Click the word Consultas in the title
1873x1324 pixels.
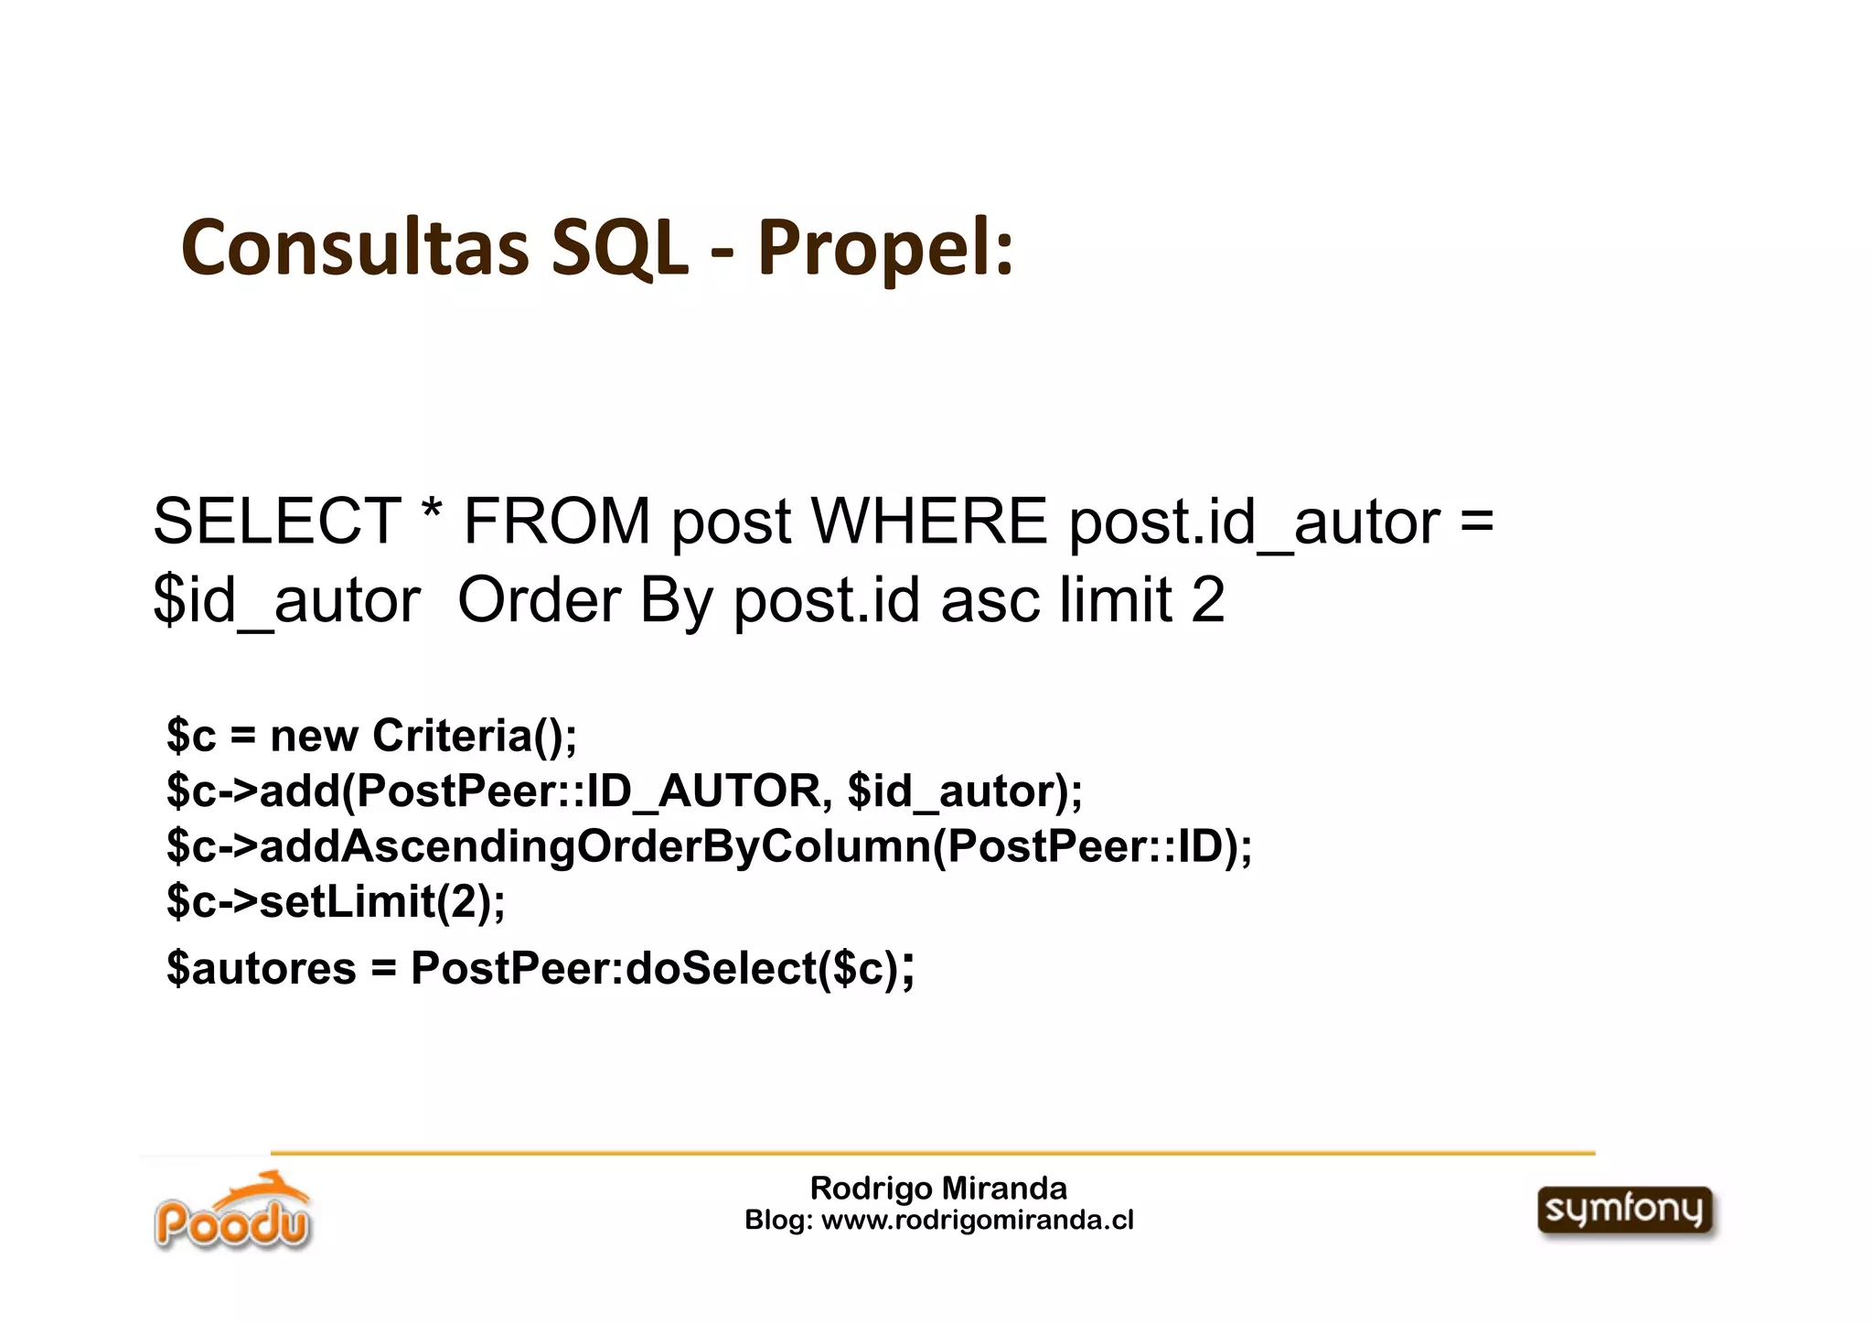coord(355,247)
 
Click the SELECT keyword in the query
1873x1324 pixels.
coord(276,522)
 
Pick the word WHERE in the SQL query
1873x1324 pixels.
coord(929,522)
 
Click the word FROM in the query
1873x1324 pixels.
coord(556,522)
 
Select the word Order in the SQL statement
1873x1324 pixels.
coord(539,600)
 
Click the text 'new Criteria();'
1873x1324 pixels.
coord(423,736)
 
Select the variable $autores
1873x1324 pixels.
coord(262,968)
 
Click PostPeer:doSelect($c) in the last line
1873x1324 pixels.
coord(655,968)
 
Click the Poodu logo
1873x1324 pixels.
coord(232,1212)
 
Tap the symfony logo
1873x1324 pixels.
coord(1625,1211)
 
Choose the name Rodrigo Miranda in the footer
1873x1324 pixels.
coord(938,1189)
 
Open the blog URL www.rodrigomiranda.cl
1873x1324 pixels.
coord(978,1221)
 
